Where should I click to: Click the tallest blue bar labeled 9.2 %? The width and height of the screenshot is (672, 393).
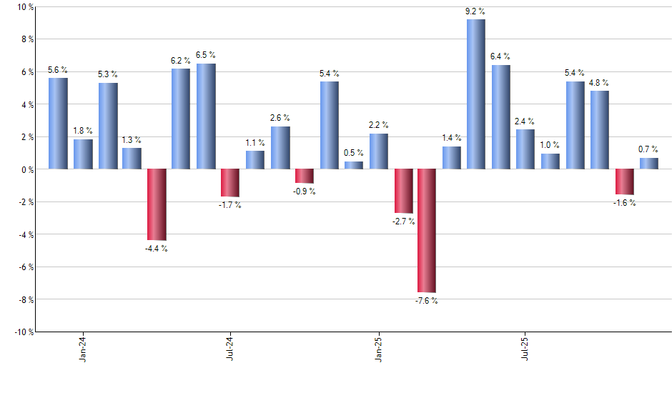pos(476,94)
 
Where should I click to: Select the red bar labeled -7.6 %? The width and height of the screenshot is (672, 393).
pos(427,231)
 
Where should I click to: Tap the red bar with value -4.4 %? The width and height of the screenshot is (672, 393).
pos(157,204)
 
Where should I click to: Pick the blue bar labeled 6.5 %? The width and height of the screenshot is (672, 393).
pos(206,116)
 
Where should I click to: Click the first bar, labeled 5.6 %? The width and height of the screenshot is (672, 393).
pos(58,124)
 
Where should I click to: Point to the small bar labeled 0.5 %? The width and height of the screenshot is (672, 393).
pos(354,165)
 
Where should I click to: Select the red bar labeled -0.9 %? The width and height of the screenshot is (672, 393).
pos(305,176)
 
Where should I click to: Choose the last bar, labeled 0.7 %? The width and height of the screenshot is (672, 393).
pos(649,164)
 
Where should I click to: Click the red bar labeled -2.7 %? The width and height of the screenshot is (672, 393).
pos(402,191)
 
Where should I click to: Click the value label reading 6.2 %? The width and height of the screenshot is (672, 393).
pos(181,61)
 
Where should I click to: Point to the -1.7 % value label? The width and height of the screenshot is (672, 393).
pos(230,206)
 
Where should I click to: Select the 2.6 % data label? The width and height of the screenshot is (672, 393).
pos(280,118)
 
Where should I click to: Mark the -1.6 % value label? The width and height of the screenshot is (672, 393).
pos(624,203)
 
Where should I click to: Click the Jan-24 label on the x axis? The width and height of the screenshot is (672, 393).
pos(83,348)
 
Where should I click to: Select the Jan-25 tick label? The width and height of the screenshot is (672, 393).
pos(378,348)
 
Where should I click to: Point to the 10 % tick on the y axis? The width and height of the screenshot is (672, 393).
pos(26,7)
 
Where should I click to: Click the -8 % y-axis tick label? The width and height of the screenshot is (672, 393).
pos(26,299)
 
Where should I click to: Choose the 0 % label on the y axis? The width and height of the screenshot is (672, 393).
pos(28,169)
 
